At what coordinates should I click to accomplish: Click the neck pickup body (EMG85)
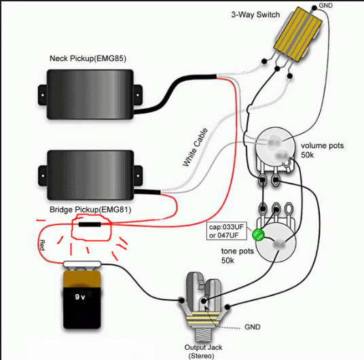coord(90,94)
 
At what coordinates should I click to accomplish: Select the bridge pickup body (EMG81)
coord(90,175)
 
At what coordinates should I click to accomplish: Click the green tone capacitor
coord(258,235)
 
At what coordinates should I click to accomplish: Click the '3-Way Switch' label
coord(255,15)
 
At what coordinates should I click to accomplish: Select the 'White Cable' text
coord(195,147)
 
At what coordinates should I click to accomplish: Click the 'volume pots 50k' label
coord(322,150)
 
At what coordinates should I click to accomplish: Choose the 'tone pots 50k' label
coord(237,255)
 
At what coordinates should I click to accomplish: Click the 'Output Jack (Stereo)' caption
coord(203,351)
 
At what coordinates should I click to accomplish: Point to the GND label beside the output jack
coord(253,327)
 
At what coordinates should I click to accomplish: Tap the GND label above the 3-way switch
coord(326,5)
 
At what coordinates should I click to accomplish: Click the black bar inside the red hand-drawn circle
coord(90,224)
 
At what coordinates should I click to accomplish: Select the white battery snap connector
coord(82,264)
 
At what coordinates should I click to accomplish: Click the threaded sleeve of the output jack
coord(203,334)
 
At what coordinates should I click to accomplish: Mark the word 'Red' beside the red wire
coord(42,245)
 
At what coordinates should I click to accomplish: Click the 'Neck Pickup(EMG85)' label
coord(88,58)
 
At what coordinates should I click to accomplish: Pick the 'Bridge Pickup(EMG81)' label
coord(90,210)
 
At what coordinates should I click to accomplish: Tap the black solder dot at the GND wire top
coord(314,8)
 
